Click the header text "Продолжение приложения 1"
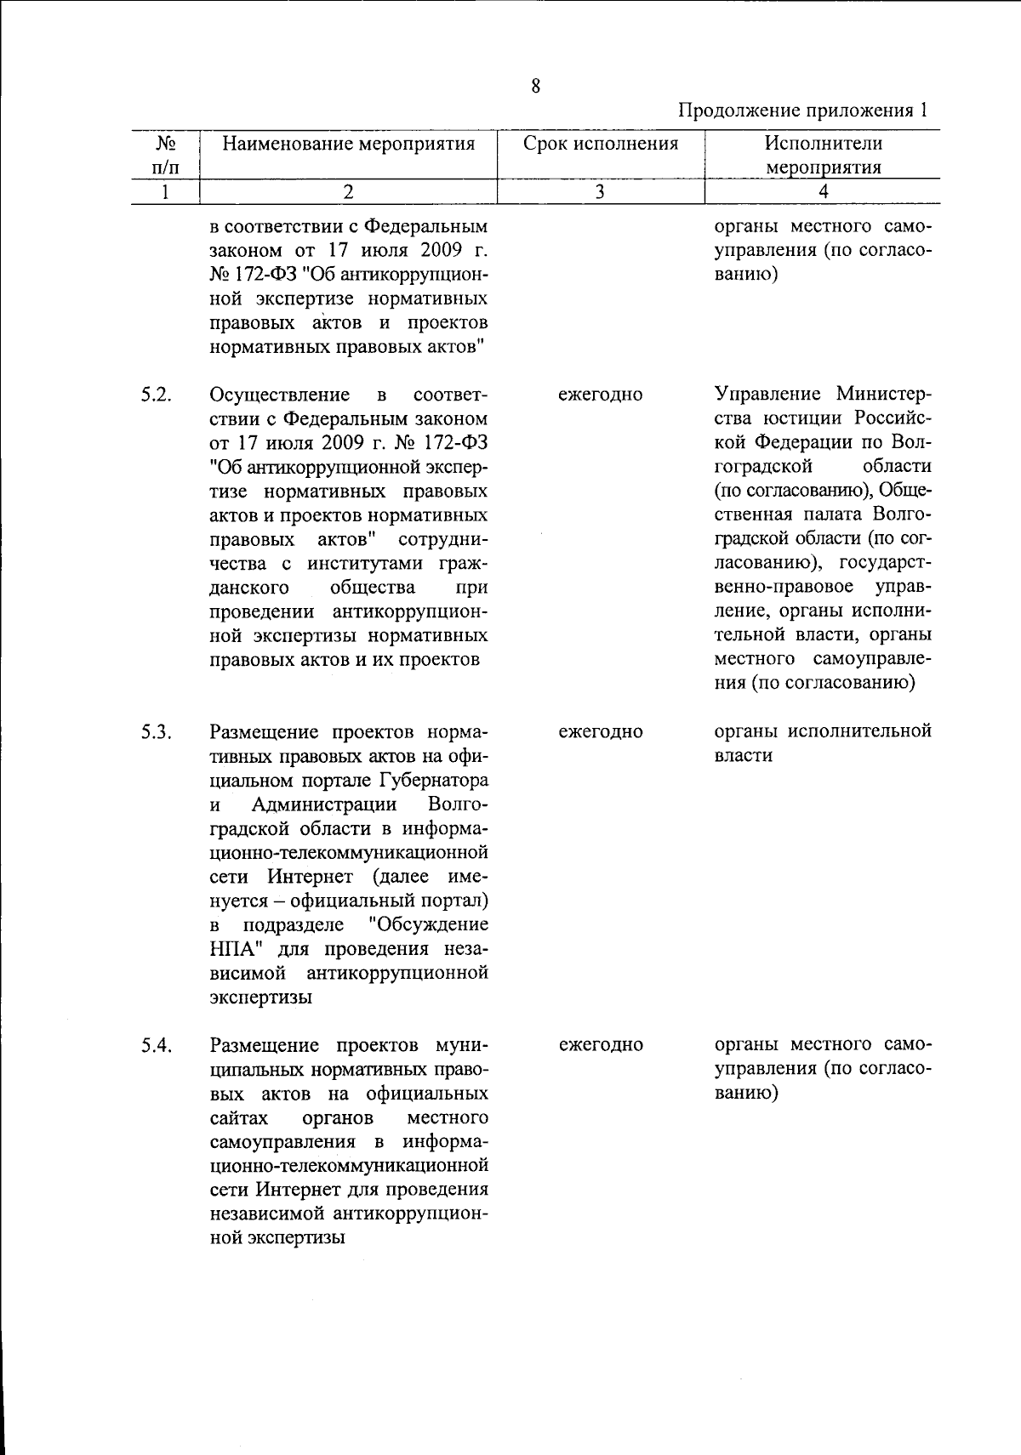pos(802,111)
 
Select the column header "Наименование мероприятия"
pos(348,143)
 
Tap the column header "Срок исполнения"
pos(601,143)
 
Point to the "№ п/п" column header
pos(165,155)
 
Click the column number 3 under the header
pos(600,192)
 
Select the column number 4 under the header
pos(822,192)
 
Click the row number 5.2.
pos(158,395)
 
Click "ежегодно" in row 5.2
pos(601,395)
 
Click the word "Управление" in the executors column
pos(768,395)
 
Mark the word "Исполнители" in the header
pos(822,143)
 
